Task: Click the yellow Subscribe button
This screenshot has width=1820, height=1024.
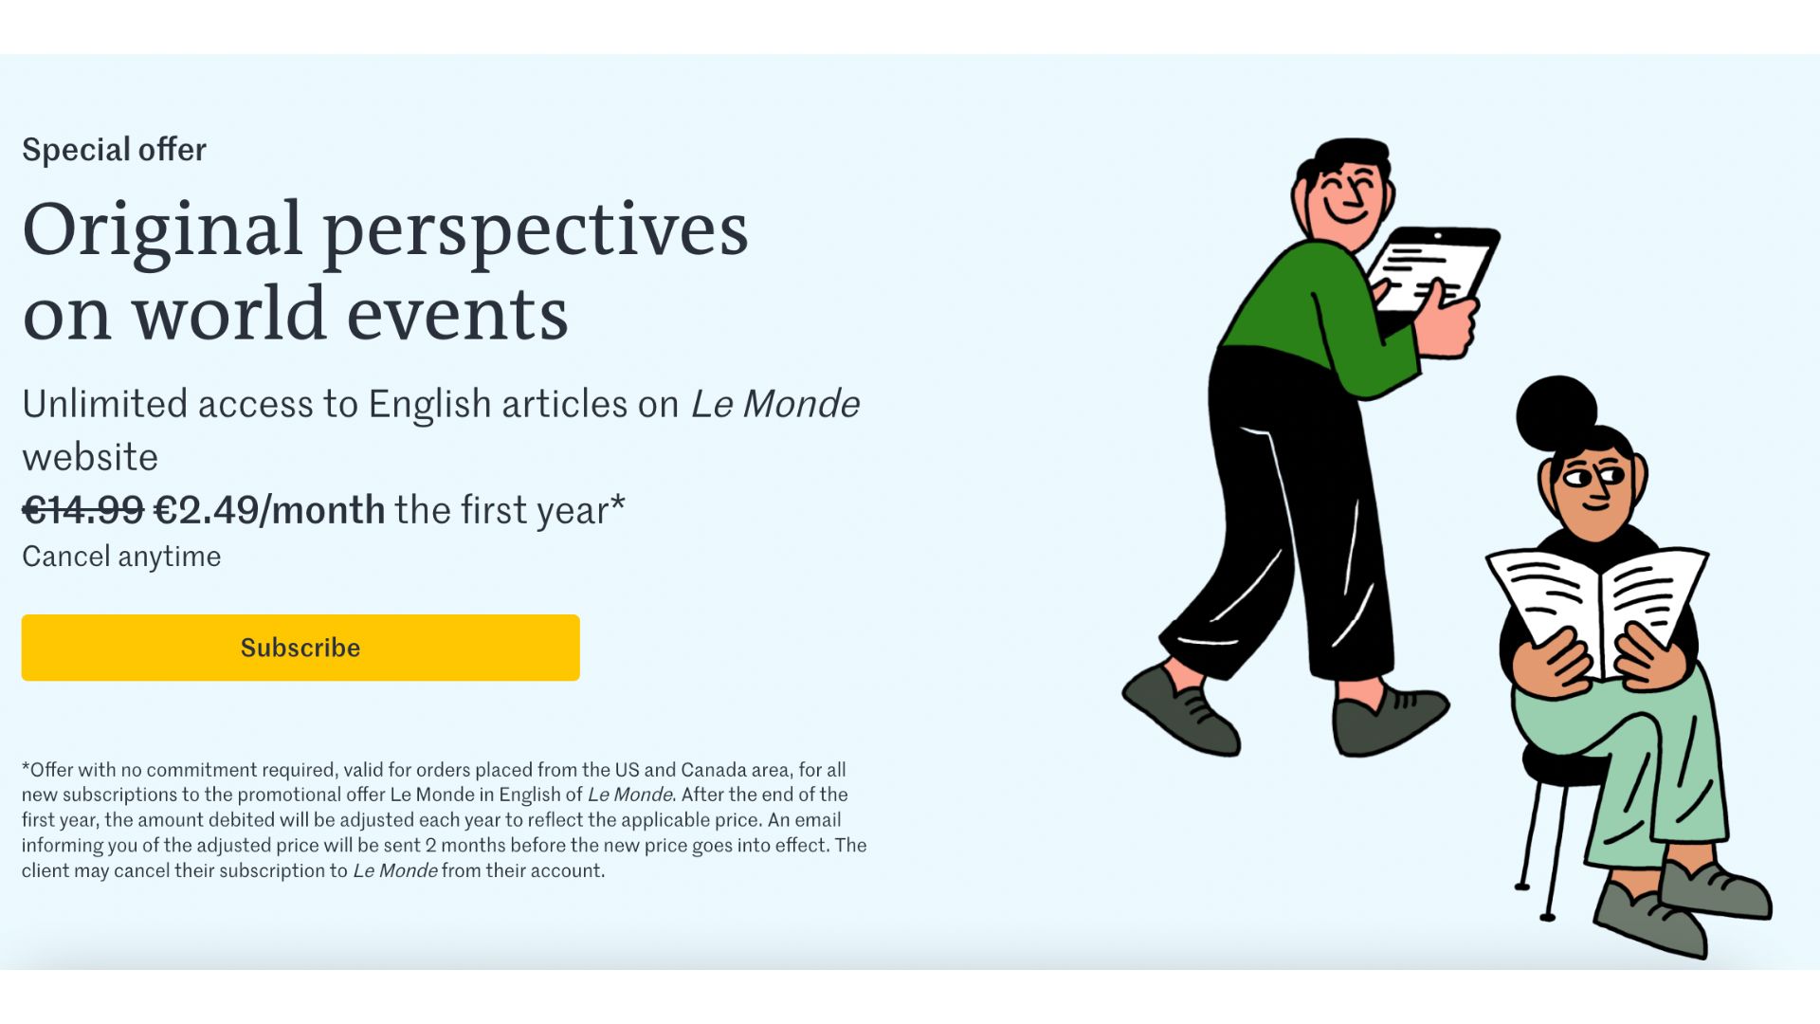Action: (300, 648)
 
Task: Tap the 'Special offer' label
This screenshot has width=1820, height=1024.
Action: (114, 150)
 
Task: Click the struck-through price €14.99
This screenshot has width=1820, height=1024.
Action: (82, 510)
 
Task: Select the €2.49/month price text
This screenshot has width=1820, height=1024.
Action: (269, 510)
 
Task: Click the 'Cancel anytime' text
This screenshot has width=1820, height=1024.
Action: (121, 557)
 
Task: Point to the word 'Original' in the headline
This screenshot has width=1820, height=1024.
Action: (162, 230)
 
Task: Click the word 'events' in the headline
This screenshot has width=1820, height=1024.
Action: (457, 315)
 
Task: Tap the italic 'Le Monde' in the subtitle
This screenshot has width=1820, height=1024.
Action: (774, 404)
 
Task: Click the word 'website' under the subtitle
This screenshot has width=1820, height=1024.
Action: (90, 457)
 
